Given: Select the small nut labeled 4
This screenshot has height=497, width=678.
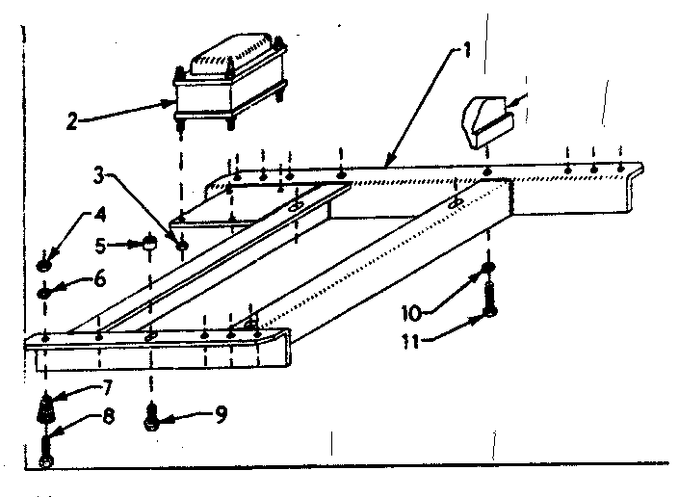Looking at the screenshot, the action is [x=43, y=262].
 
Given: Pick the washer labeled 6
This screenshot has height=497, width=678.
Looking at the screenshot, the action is [x=43, y=291].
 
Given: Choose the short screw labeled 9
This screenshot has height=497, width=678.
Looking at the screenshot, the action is [x=151, y=420].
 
